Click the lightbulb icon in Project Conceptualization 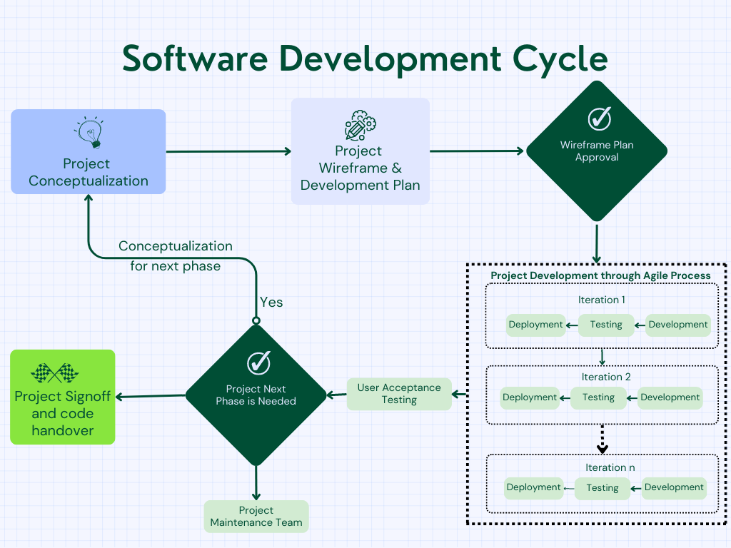click(x=89, y=132)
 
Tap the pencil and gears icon click(x=361, y=126)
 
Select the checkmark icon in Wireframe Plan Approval click(x=600, y=118)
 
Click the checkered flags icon click(x=54, y=372)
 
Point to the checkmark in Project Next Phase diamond click(x=258, y=362)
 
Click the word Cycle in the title click(x=560, y=60)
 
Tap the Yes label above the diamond click(x=271, y=302)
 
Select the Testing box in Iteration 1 click(x=606, y=325)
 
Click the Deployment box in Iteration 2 click(x=530, y=397)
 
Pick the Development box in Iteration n click(x=674, y=487)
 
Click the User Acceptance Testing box click(x=399, y=394)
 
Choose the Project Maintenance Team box click(x=256, y=517)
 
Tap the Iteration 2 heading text click(x=605, y=377)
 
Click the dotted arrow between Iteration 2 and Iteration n click(x=603, y=439)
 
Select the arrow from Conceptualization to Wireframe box click(x=228, y=151)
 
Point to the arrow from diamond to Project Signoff click(x=150, y=396)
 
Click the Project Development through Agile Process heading click(x=600, y=275)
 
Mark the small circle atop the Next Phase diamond click(x=256, y=320)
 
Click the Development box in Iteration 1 click(x=678, y=325)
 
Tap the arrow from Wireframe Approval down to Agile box click(x=597, y=244)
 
